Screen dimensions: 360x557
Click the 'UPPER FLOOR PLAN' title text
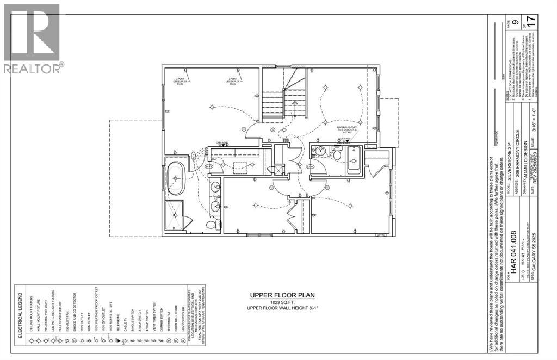[282, 295]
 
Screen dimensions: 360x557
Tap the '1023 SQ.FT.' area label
[282, 302]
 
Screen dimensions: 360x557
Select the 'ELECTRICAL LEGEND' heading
[22, 311]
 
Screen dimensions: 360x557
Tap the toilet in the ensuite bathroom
[212, 224]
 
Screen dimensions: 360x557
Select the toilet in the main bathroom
[337, 156]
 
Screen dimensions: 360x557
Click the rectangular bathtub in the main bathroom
[353, 160]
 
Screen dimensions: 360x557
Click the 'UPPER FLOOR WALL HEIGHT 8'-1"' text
[282, 309]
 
